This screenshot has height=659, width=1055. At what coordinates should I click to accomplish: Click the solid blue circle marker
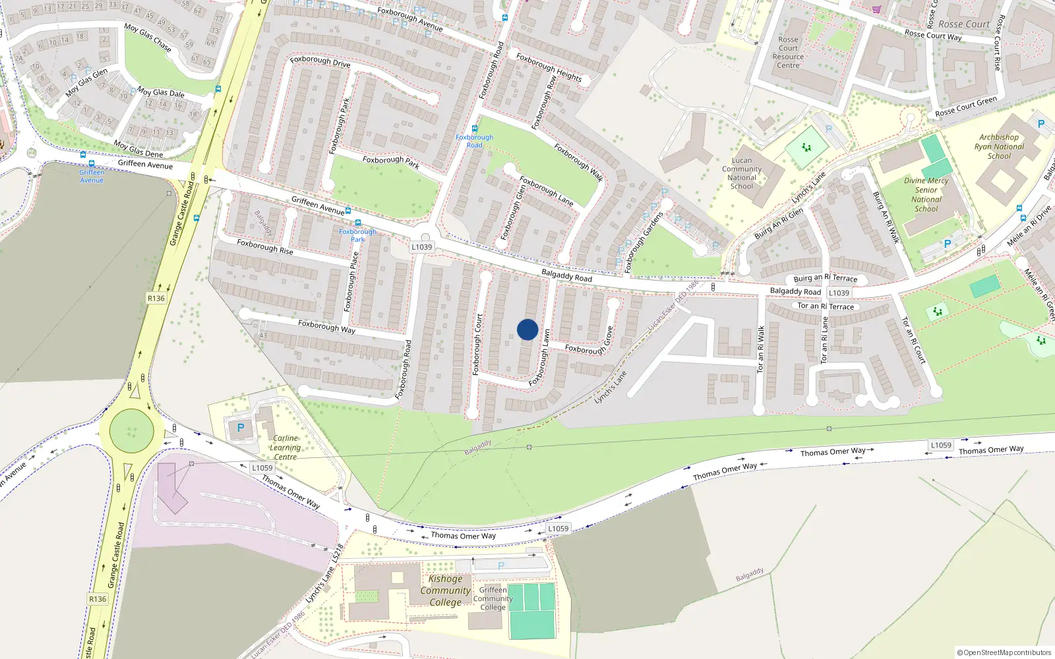[x=527, y=329]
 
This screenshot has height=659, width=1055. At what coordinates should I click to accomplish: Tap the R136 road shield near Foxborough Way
[x=156, y=299]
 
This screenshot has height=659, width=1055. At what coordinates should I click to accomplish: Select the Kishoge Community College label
[x=445, y=590]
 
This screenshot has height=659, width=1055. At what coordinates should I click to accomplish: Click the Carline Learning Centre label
[x=285, y=447]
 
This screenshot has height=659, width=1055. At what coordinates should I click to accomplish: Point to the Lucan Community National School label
[x=742, y=173]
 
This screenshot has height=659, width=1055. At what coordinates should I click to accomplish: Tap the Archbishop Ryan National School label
[x=999, y=147]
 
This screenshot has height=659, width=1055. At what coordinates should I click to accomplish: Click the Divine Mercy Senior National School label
[x=926, y=194]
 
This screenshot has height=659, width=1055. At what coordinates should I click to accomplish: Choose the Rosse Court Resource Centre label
[x=788, y=53]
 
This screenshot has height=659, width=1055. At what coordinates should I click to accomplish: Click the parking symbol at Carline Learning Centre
[x=241, y=428]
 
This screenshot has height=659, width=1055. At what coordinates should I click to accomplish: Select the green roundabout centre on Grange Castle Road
[x=132, y=432]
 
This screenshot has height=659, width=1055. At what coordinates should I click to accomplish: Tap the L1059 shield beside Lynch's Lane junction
[x=558, y=529]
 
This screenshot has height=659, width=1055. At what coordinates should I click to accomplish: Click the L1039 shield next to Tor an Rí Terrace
[x=839, y=293]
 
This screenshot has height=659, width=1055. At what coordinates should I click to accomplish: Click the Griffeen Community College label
[x=493, y=598]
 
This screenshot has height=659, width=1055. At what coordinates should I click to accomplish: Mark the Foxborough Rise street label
[x=265, y=247]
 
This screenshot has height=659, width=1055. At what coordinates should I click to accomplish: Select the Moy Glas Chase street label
[x=148, y=38]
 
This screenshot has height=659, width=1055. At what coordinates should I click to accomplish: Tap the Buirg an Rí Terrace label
[x=825, y=279]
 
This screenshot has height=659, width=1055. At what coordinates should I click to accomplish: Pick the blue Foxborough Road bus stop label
[x=474, y=141]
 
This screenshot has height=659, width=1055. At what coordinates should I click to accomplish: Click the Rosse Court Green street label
[x=966, y=107]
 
